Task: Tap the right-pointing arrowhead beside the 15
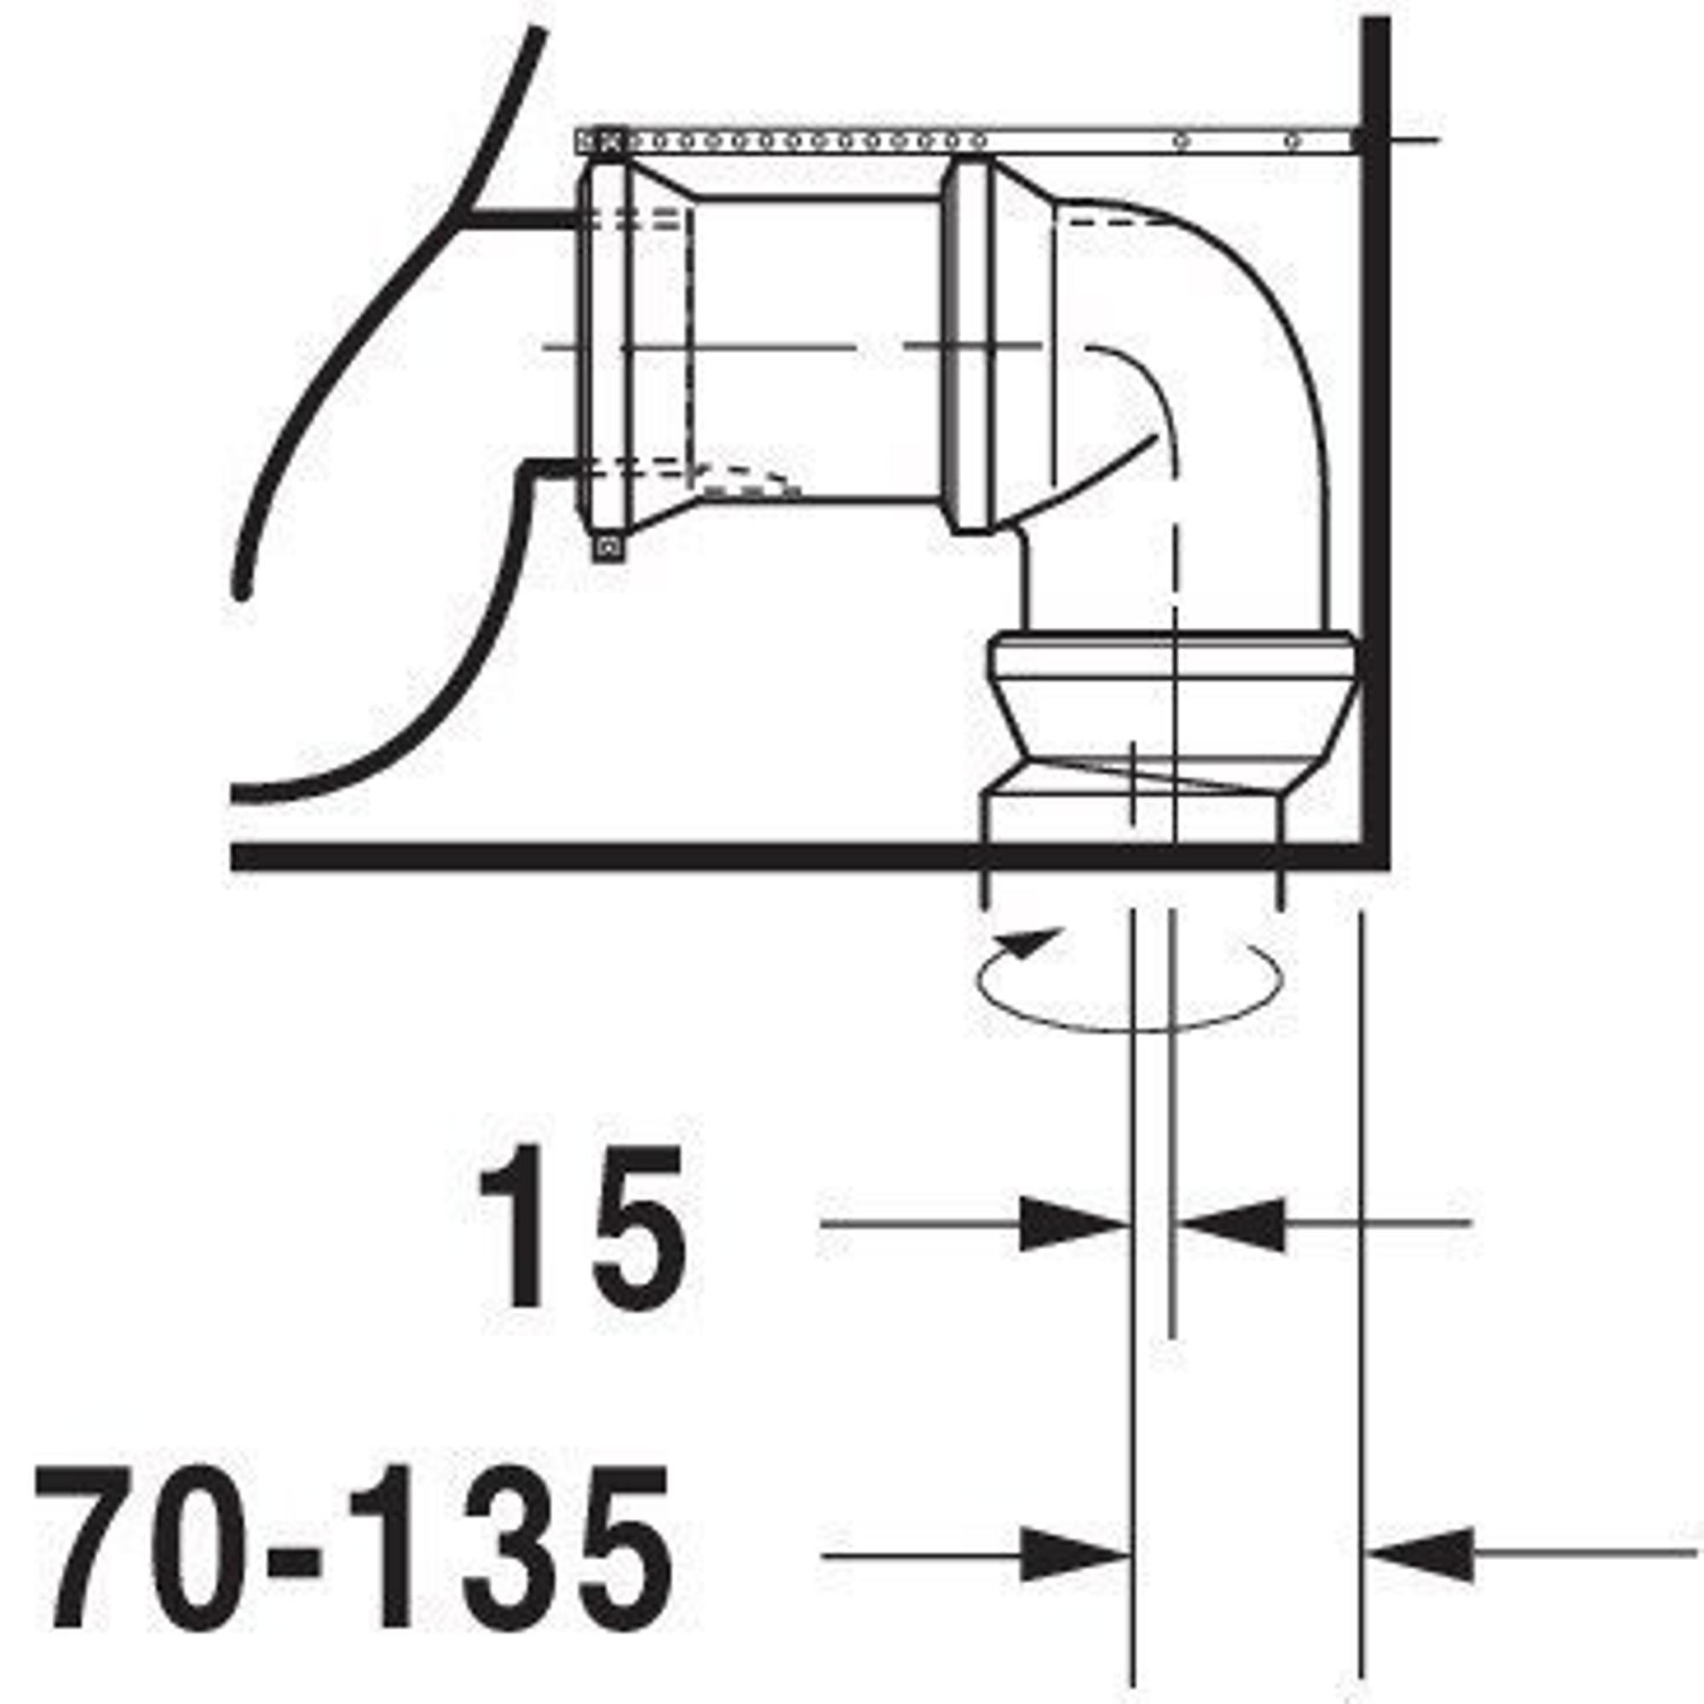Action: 1074,1224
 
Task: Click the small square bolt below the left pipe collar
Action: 607,549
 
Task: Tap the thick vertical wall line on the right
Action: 1376,441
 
